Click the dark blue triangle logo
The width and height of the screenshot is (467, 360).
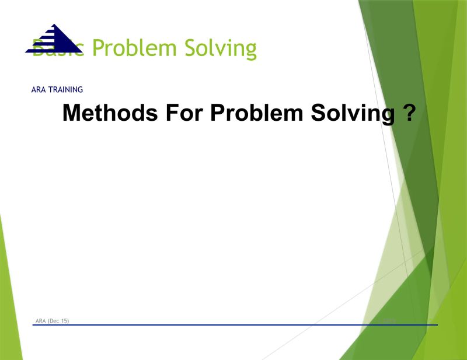click(x=54, y=40)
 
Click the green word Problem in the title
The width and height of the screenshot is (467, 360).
click(x=134, y=48)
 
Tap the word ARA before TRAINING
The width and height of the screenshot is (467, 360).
click(x=39, y=90)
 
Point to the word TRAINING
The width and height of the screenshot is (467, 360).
click(x=65, y=90)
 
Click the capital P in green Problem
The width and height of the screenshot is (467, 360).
click(x=99, y=48)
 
